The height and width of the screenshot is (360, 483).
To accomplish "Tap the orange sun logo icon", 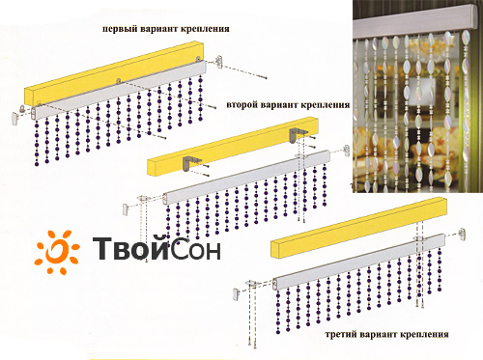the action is pyautogui.click(x=57, y=252).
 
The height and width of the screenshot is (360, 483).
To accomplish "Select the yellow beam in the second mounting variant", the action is pyautogui.click(x=233, y=147).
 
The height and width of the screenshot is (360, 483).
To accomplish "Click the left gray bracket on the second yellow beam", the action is pyautogui.click(x=190, y=163).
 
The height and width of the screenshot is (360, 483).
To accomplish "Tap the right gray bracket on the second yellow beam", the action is pyautogui.click(x=298, y=134).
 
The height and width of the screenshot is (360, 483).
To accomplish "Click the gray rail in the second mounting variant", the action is pyautogui.click(x=246, y=177).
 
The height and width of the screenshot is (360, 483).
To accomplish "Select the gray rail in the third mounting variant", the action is pyautogui.click(x=358, y=262).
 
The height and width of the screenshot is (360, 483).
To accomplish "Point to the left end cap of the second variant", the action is pyautogui.click(x=126, y=208).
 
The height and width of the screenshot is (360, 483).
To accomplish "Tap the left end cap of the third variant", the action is pyautogui.click(x=236, y=294).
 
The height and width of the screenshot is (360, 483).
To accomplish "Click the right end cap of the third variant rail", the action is pyautogui.click(x=463, y=235).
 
